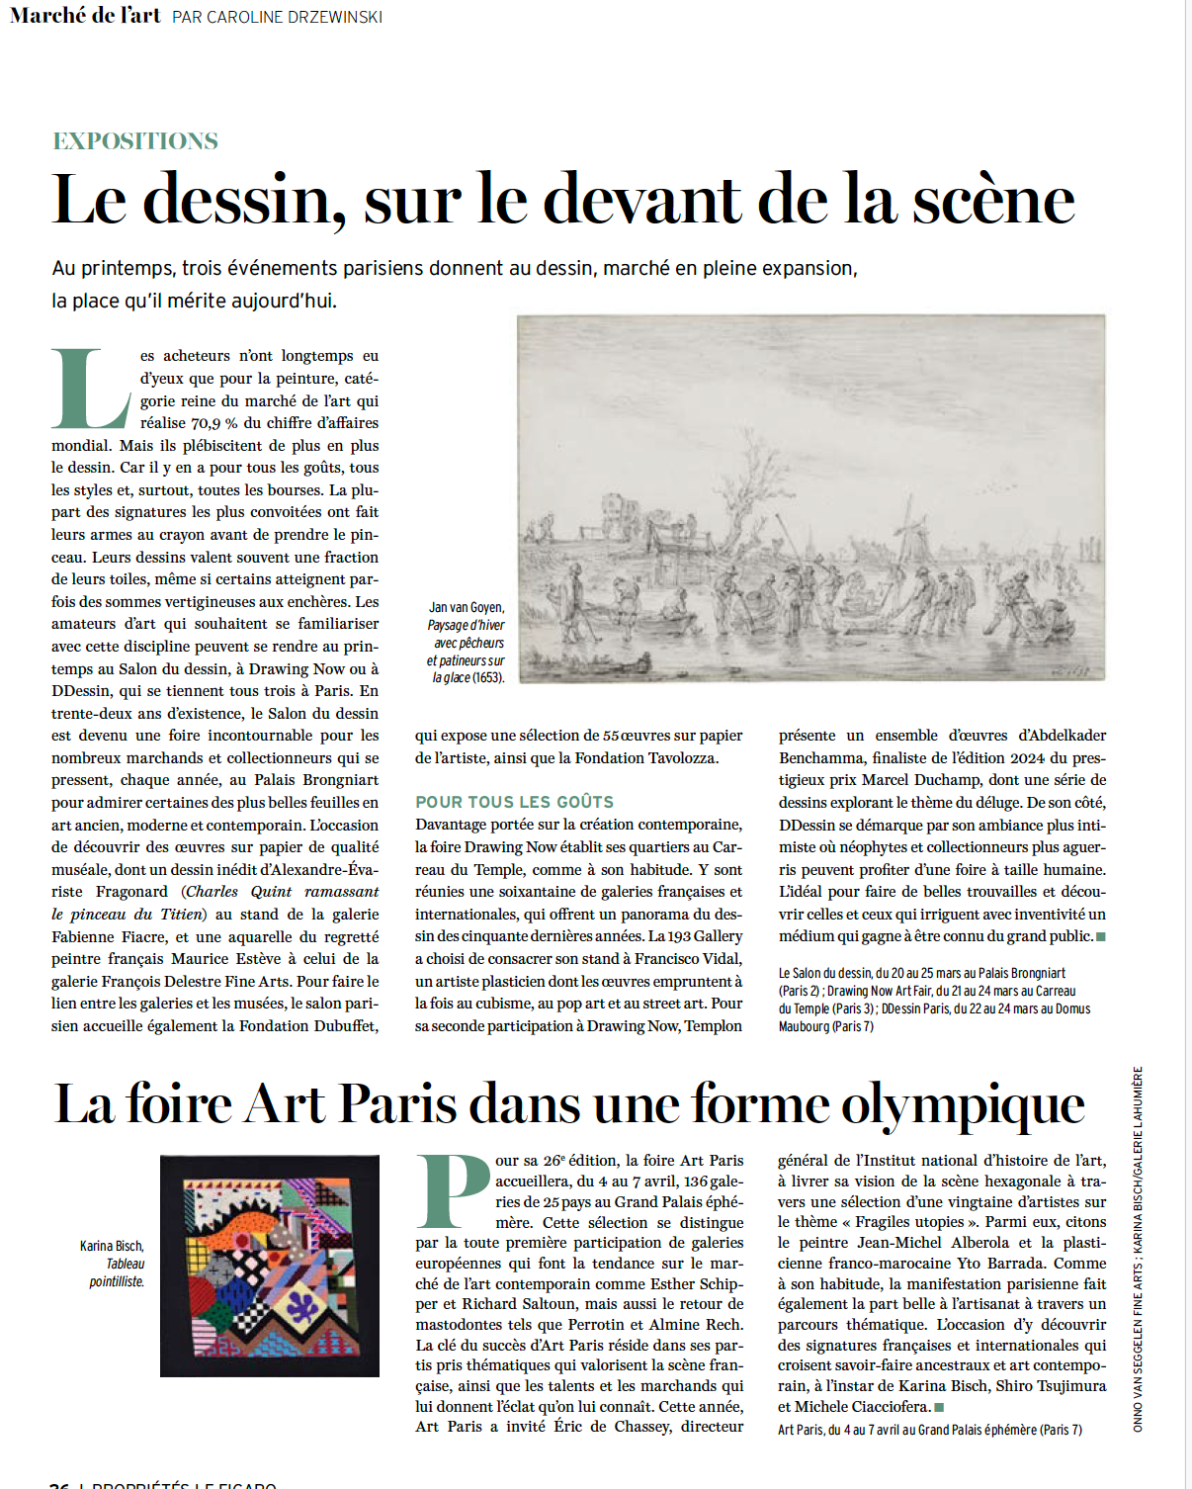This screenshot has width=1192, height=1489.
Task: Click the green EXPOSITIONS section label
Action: [135, 141]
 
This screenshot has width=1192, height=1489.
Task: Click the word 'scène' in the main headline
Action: [992, 200]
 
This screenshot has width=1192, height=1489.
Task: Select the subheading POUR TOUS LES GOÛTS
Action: [514, 802]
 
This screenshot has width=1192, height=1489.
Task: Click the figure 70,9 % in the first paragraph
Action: [213, 423]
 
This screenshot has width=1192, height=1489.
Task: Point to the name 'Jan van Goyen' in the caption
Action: [467, 607]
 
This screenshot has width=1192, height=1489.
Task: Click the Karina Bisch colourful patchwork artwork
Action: [270, 1266]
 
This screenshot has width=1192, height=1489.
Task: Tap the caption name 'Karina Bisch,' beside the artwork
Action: [112, 1246]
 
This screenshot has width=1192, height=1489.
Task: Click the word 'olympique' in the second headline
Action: [963, 1104]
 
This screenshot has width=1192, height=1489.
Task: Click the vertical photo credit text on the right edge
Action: [1138, 1248]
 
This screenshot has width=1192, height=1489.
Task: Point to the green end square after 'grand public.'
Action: [1101, 936]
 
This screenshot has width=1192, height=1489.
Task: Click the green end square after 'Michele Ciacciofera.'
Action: [939, 1407]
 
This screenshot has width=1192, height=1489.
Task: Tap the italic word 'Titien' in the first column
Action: [179, 914]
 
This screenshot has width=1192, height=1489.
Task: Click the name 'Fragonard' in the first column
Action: [131, 891]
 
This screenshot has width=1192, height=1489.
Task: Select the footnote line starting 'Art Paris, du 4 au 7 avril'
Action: [929, 1430]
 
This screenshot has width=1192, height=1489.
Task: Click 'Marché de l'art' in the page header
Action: [85, 15]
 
